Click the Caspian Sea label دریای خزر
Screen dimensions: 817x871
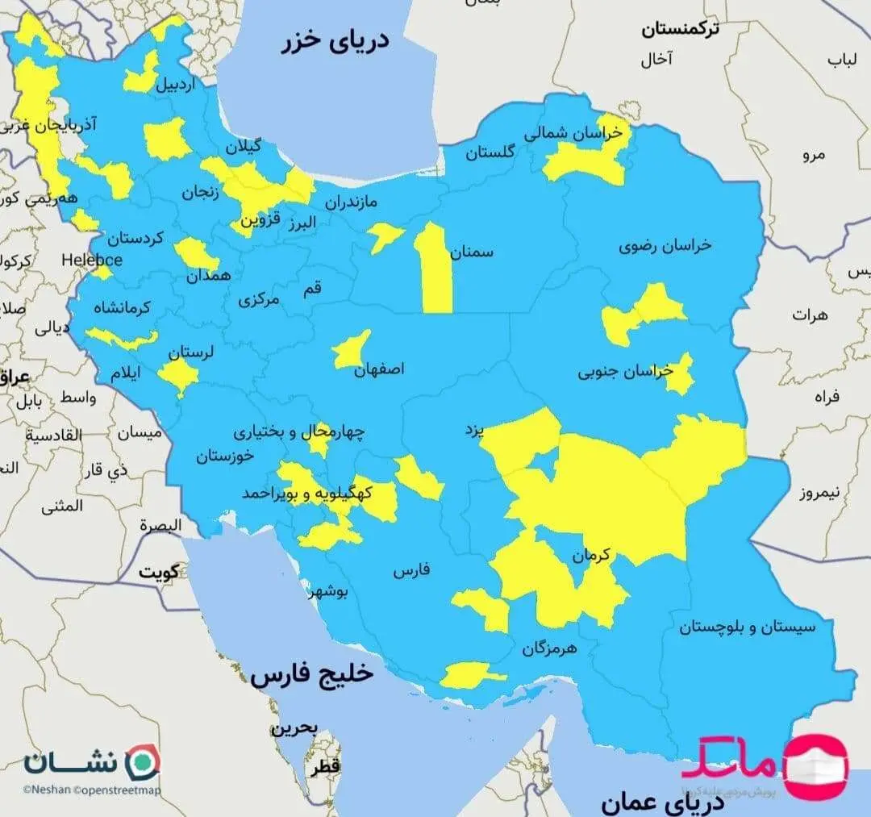coord(334,42)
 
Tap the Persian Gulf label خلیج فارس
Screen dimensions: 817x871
coord(312,675)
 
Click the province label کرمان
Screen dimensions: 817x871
coord(593,556)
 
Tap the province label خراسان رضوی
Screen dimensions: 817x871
coord(665,246)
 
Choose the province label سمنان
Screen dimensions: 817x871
coord(473,252)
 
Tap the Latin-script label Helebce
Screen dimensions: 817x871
coord(92,260)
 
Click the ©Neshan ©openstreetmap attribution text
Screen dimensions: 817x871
coord(91,791)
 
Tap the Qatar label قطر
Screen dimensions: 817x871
coord(330,765)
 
